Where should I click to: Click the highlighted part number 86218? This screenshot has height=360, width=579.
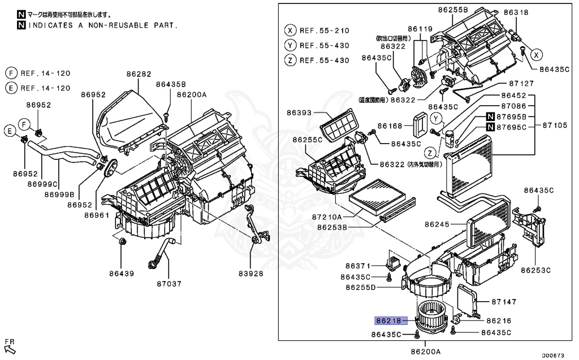coord(388,320)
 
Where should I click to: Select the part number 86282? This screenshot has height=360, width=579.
coord(139,73)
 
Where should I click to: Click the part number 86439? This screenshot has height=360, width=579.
coord(122,274)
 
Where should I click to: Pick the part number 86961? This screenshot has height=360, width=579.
coord(97,215)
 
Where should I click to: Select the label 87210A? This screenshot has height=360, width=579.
coord(326,216)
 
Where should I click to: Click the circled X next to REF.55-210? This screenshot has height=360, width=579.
coord(290,31)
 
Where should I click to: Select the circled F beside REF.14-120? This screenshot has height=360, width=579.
coord(10,73)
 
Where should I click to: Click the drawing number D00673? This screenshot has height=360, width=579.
coord(553,355)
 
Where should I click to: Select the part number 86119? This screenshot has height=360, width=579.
coord(420,28)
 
